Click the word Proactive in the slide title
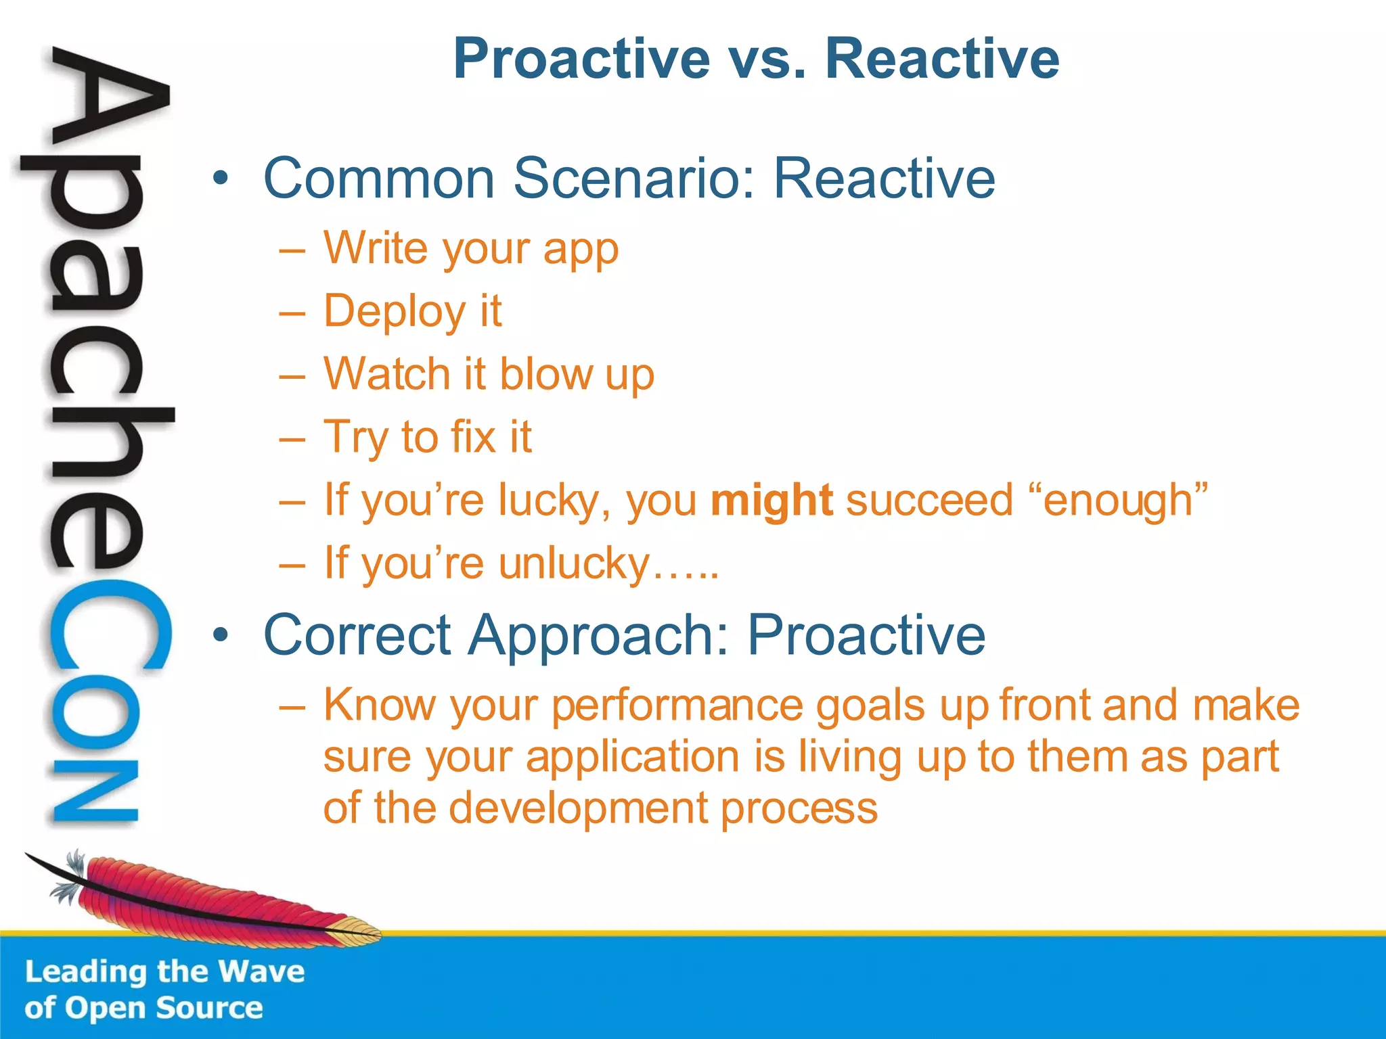click(x=582, y=60)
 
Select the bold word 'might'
click(x=771, y=501)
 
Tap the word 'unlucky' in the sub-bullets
click(x=574, y=563)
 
